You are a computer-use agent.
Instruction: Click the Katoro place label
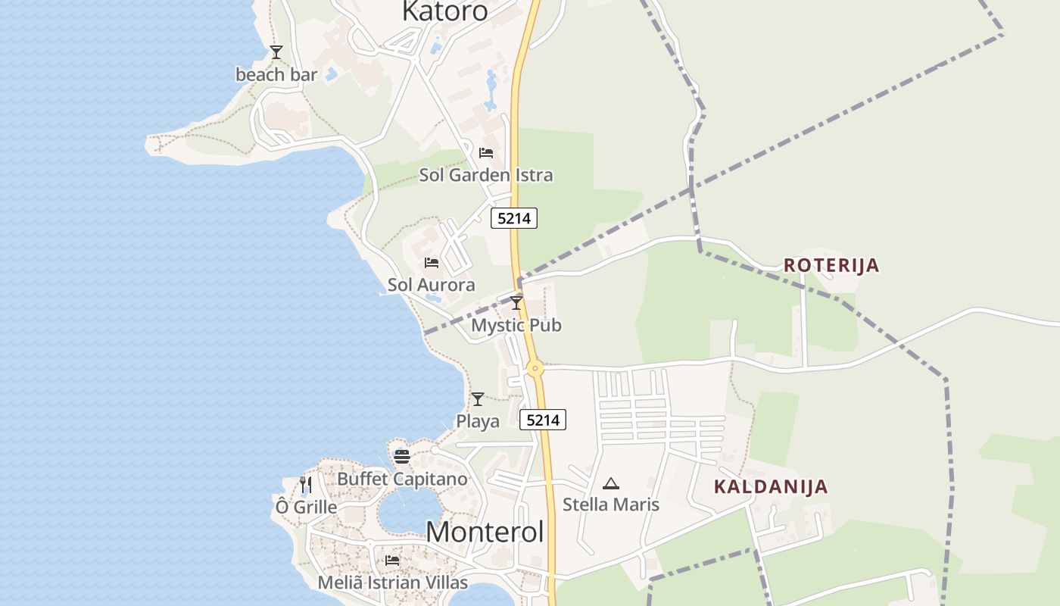(444, 11)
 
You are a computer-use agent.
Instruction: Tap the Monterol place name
(485, 532)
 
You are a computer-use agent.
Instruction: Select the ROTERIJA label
(831, 265)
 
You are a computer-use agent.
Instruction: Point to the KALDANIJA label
(771, 486)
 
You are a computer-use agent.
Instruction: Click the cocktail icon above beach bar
(276, 52)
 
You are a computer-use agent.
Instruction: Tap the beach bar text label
(276, 74)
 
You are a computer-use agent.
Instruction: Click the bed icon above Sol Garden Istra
(486, 153)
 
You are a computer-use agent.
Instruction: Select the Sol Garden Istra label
(486, 175)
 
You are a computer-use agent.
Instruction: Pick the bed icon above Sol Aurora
(432, 263)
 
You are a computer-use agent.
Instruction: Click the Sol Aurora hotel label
(432, 285)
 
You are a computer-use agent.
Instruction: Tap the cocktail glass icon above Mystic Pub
(516, 303)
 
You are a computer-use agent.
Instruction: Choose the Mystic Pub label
(516, 325)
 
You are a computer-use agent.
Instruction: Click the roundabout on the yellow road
(535, 370)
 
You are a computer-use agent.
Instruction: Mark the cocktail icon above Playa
(478, 399)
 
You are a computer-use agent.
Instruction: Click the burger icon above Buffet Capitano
(402, 456)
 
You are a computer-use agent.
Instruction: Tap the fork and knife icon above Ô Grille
(306, 484)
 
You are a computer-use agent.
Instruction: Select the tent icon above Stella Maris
(611, 483)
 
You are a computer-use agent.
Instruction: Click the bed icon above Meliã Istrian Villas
(392, 561)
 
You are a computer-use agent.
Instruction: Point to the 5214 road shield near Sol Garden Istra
(514, 218)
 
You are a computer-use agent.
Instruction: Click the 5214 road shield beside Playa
(543, 420)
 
